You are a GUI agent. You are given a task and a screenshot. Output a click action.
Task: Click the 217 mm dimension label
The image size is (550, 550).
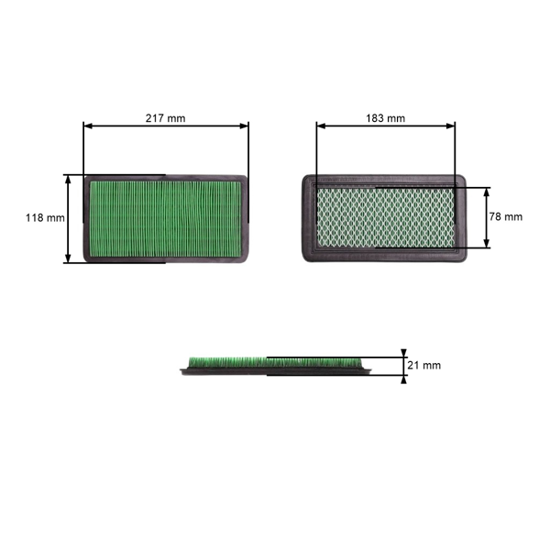click(166, 117)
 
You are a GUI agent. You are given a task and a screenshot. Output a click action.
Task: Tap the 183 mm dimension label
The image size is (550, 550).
click(385, 118)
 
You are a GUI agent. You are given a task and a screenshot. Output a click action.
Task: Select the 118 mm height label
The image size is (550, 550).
click(44, 218)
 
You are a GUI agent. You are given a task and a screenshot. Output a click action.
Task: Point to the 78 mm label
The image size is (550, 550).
click(505, 217)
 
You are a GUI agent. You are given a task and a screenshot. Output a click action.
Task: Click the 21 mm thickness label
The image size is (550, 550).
click(423, 365)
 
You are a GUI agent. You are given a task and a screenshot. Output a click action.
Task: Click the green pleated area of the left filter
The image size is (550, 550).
click(166, 218)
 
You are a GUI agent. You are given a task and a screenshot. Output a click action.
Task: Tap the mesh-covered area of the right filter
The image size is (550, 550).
click(385, 218)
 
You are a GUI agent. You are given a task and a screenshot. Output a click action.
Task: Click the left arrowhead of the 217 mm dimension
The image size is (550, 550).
click(86, 126)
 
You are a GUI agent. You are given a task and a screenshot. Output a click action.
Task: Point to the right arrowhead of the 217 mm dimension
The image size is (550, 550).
click(246, 126)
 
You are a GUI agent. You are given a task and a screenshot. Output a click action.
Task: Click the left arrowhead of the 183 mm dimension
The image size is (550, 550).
click(320, 126)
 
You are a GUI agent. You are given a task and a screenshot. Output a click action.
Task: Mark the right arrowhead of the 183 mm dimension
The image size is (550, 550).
click(451, 126)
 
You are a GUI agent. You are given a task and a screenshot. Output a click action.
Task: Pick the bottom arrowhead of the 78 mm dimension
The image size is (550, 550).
click(487, 245)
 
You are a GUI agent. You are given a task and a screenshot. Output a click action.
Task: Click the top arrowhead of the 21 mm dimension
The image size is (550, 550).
click(404, 353)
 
